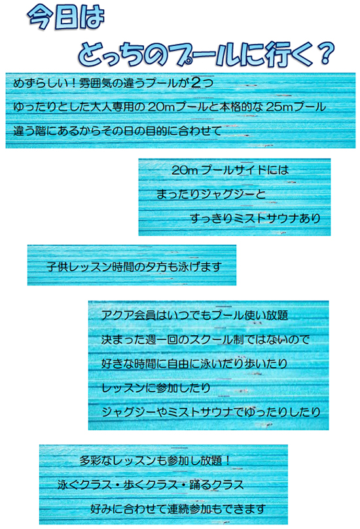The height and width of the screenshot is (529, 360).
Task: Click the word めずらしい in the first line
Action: coord(39,83)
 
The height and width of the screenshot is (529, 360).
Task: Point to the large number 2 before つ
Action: coord(196,82)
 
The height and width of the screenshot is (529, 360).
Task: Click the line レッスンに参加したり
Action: coord(156,388)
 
